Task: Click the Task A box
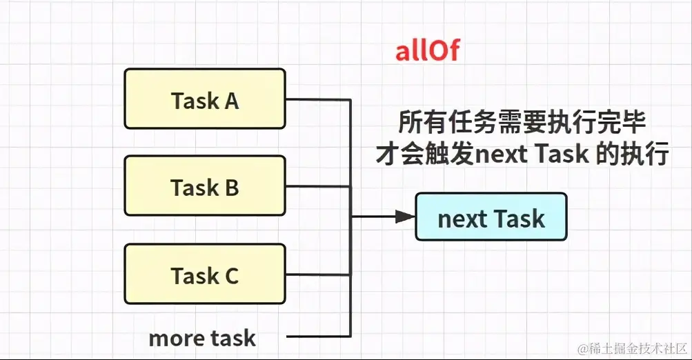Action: click(x=205, y=99)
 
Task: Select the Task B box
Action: click(x=205, y=186)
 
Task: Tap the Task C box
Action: click(x=205, y=274)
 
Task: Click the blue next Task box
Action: click(x=491, y=217)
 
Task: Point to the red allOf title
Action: click(x=426, y=51)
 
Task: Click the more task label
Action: click(x=202, y=338)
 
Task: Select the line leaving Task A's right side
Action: click(x=317, y=99)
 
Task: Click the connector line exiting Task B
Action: click(x=317, y=186)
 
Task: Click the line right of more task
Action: click(x=317, y=337)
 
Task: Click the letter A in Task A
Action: click(x=231, y=101)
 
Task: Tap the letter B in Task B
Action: click(x=231, y=188)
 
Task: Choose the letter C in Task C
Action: click(x=231, y=276)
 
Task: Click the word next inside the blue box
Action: click(x=462, y=219)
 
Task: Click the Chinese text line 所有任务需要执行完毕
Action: click(x=522, y=123)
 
